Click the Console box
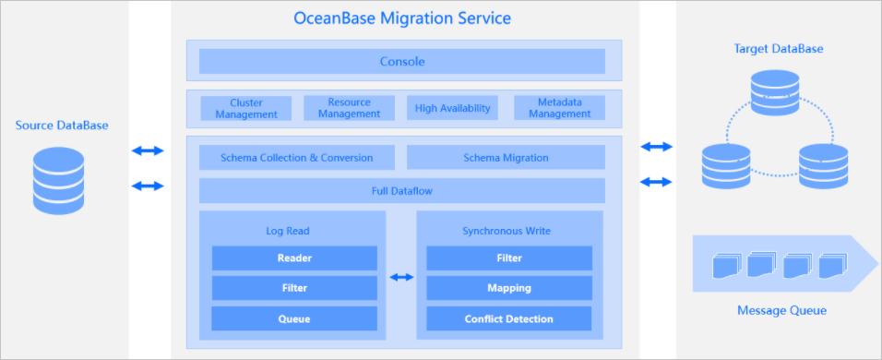pos(401,61)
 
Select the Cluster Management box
pos(246,108)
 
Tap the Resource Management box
pos(350,108)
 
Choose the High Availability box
pos(452,108)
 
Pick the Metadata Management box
pos(560,108)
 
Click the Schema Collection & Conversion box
pos(297,158)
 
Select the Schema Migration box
pos(506,158)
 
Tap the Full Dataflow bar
pos(401,191)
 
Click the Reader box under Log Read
pos(294,258)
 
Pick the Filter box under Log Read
pos(294,288)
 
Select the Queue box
pos(294,319)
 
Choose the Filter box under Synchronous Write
pos(509,258)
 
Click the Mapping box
pos(509,288)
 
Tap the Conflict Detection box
pos(509,319)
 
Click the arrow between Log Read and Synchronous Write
pos(401,277)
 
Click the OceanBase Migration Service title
pos(402,18)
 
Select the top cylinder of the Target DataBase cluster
pos(775,93)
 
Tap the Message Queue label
pos(781,310)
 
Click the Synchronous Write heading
pos(507,231)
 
